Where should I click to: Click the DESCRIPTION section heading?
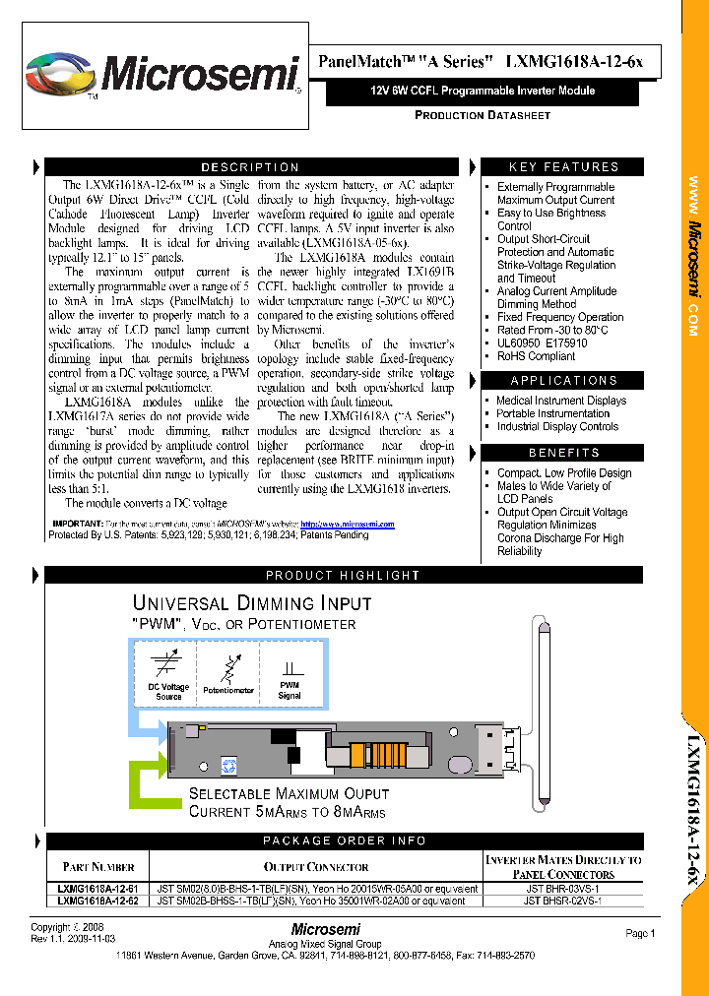coord(250,167)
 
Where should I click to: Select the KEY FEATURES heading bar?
coord(563,167)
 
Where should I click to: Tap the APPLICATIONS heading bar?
coord(563,381)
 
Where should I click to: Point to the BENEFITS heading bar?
coord(563,453)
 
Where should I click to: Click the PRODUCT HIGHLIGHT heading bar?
coord(343,575)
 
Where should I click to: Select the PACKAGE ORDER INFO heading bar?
coord(345,840)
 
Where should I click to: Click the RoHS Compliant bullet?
coord(536,356)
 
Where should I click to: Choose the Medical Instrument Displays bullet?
coord(560,401)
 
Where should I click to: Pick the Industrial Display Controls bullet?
coord(557,427)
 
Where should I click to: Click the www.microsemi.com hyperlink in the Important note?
coord(347,525)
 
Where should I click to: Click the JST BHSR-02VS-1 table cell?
coord(562,900)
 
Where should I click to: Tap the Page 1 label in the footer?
coord(639,933)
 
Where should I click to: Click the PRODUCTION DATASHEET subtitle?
coord(482,115)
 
